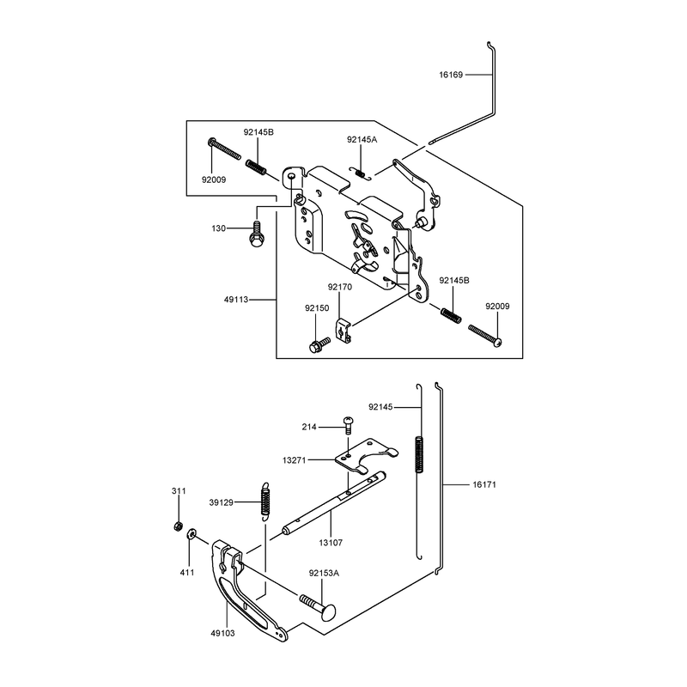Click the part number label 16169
point(451,75)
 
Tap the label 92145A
point(362,140)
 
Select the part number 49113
point(236,300)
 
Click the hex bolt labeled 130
point(256,234)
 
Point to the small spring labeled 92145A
point(361,173)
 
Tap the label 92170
point(340,287)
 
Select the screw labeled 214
point(349,424)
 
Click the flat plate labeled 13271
point(366,457)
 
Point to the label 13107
point(331,543)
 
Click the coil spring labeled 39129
point(264,502)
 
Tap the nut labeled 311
point(178,526)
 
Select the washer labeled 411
point(192,534)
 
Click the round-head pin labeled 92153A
point(318,605)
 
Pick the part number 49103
point(222,633)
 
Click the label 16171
point(484,484)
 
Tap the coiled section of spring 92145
point(419,455)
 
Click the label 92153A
point(324,573)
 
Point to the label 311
point(179,491)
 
